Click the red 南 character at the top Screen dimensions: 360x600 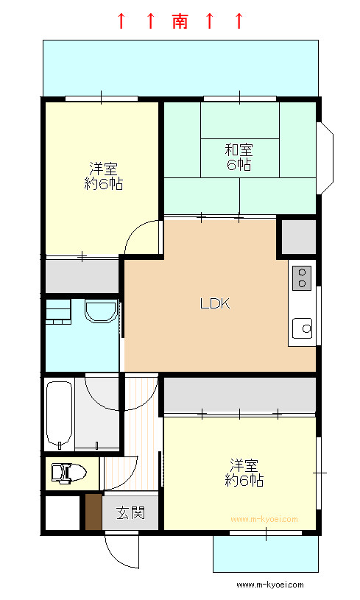(x=180, y=21)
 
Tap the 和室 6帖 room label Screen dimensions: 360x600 (x=239, y=157)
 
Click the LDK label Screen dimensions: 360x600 (x=215, y=304)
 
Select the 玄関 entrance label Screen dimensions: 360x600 (x=131, y=512)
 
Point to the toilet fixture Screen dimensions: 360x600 (x=69, y=473)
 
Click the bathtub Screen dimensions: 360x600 (x=60, y=414)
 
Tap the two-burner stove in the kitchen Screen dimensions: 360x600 (x=302, y=278)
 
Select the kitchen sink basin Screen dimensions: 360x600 (x=303, y=328)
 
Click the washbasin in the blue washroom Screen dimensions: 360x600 (x=101, y=312)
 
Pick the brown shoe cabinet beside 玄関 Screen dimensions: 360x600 (x=93, y=512)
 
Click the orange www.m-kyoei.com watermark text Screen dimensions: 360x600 (x=264, y=519)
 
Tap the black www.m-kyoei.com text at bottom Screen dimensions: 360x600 (x=270, y=585)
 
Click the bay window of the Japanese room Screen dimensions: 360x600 (x=325, y=158)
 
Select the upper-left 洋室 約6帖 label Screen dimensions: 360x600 (x=103, y=176)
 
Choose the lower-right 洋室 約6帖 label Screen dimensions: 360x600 (x=244, y=473)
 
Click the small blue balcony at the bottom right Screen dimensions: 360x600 (x=266, y=554)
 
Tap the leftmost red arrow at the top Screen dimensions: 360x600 (x=121, y=21)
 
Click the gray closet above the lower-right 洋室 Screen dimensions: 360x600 (x=240, y=395)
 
